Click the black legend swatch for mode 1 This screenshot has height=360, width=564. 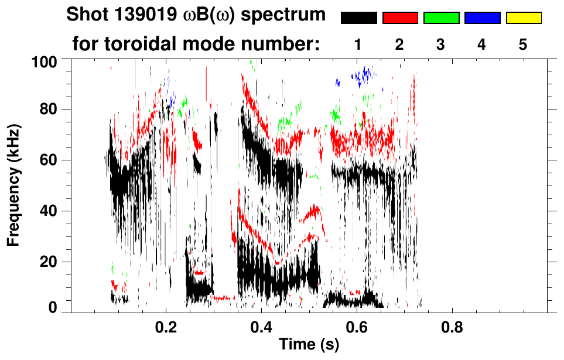(x=358, y=18)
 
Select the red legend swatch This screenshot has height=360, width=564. (x=400, y=18)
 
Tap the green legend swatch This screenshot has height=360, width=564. (x=441, y=18)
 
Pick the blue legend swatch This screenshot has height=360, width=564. (x=482, y=18)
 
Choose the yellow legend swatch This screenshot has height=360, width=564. (x=524, y=18)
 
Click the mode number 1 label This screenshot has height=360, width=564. (x=358, y=45)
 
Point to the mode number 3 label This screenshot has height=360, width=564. (x=441, y=45)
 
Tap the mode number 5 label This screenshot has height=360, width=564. (x=524, y=45)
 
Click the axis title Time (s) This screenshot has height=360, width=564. (x=309, y=345)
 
